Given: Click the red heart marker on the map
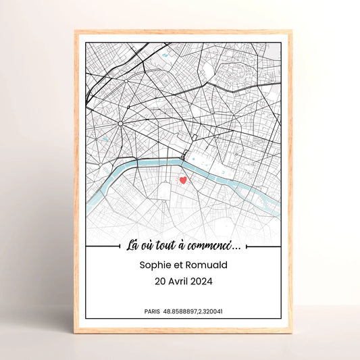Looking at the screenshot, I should click(182, 180).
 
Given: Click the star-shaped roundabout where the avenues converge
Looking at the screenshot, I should click(120, 124).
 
